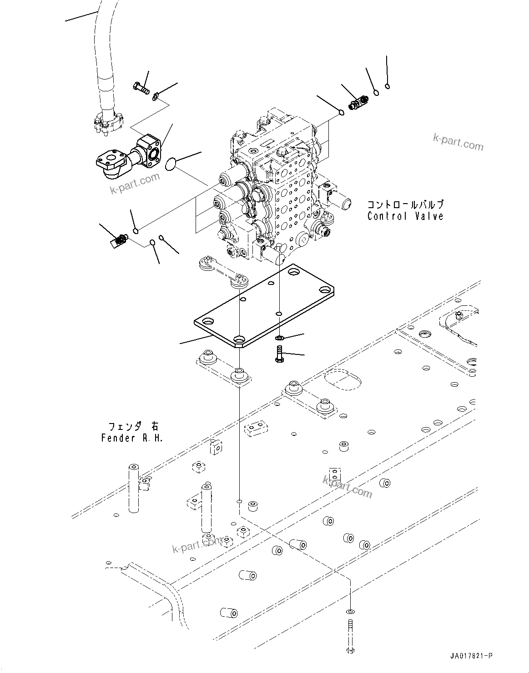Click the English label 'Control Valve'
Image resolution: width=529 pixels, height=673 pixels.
405,216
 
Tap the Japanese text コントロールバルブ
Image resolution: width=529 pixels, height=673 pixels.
405,205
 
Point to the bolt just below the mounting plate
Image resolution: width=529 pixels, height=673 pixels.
279,354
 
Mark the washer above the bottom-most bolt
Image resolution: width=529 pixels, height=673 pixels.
349,611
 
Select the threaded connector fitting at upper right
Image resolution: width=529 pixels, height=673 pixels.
358,102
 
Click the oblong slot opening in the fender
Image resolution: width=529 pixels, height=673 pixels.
342,380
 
